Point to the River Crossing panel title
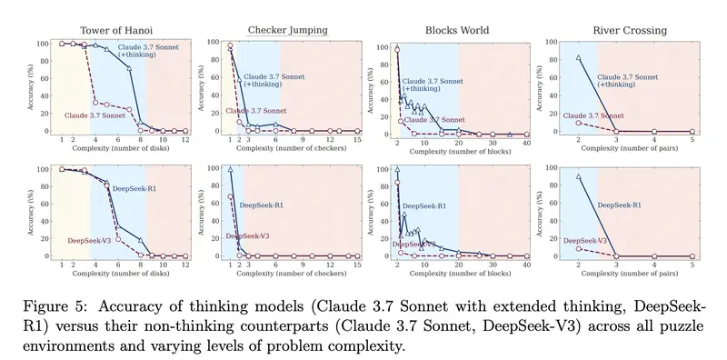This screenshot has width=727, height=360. tap(628, 29)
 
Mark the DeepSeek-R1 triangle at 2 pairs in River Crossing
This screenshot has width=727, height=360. tap(579, 176)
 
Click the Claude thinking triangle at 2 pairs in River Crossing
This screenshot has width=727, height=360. tap(579, 58)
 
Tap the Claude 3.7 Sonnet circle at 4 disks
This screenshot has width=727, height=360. tap(95, 102)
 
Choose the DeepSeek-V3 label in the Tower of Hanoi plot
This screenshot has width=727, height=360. tap(89, 241)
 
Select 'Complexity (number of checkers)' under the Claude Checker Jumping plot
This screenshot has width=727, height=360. tap(286, 148)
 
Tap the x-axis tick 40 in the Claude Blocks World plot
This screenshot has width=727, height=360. tap(528, 139)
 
